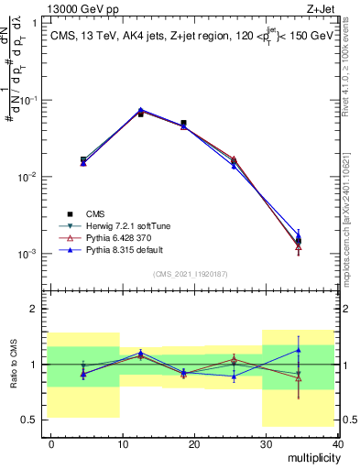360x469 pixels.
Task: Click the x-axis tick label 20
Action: click(x=194, y=442)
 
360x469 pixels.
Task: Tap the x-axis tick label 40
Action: click(x=337, y=442)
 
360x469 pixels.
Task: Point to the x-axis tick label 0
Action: click(x=51, y=442)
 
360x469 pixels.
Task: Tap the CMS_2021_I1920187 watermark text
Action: click(x=195, y=273)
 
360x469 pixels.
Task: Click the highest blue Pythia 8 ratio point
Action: click(x=299, y=349)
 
